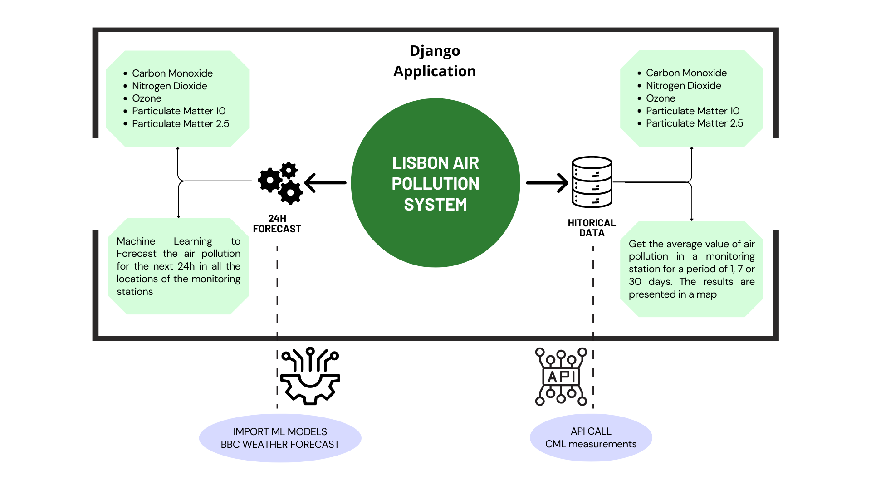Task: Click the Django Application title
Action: click(435, 61)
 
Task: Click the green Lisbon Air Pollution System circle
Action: click(435, 183)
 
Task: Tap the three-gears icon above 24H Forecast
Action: click(280, 182)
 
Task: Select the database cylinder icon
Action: click(592, 182)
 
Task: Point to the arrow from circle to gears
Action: click(325, 183)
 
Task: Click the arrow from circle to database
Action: click(547, 183)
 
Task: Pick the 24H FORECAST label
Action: click(277, 224)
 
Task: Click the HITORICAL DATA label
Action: click(592, 228)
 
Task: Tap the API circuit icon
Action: click(561, 377)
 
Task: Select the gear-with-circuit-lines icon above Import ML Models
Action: click(310, 376)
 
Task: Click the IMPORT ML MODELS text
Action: click(280, 431)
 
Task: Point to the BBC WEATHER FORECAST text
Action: click(280, 444)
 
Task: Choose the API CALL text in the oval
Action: click(591, 431)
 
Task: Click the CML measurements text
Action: click(591, 444)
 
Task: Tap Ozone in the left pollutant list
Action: click(147, 98)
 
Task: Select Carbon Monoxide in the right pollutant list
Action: click(686, 73)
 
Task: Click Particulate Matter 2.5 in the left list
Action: click(180, 123)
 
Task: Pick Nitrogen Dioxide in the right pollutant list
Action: click(683, 86)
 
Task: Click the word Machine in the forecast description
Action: click(136, 241)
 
